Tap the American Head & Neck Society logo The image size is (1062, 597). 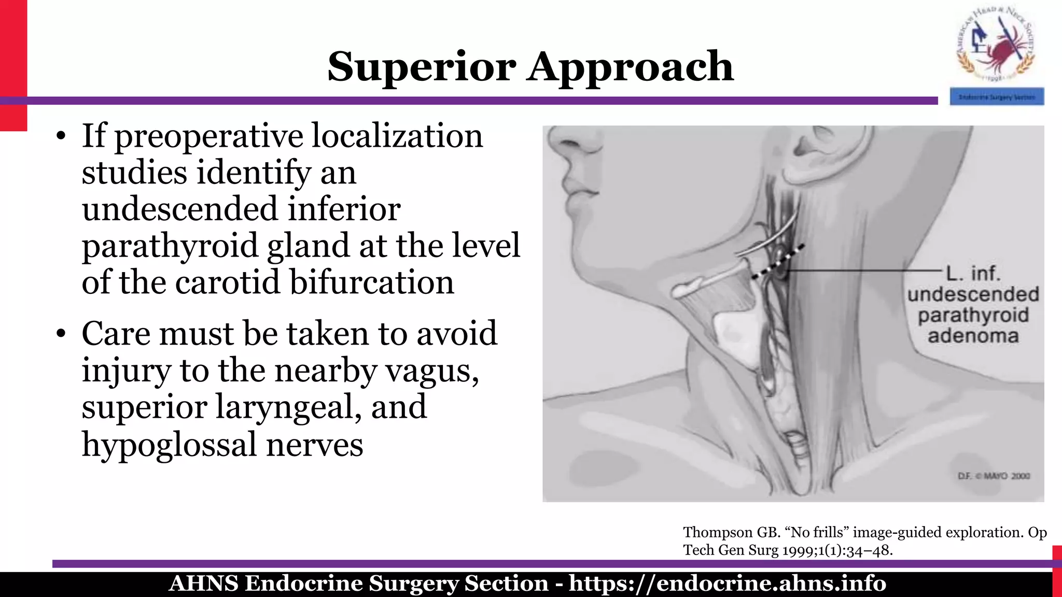tap(996, 45)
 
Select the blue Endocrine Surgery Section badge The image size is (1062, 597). tap(997, 97)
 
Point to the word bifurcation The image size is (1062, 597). tap(371, 282)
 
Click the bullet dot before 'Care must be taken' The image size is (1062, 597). tap(61, 334)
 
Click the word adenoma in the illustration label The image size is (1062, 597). tap(973, 336)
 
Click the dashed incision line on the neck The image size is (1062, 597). tap(778, 262)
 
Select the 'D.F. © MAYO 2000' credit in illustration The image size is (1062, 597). tap(993, 476)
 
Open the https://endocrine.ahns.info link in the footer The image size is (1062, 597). tap(727, 584)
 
